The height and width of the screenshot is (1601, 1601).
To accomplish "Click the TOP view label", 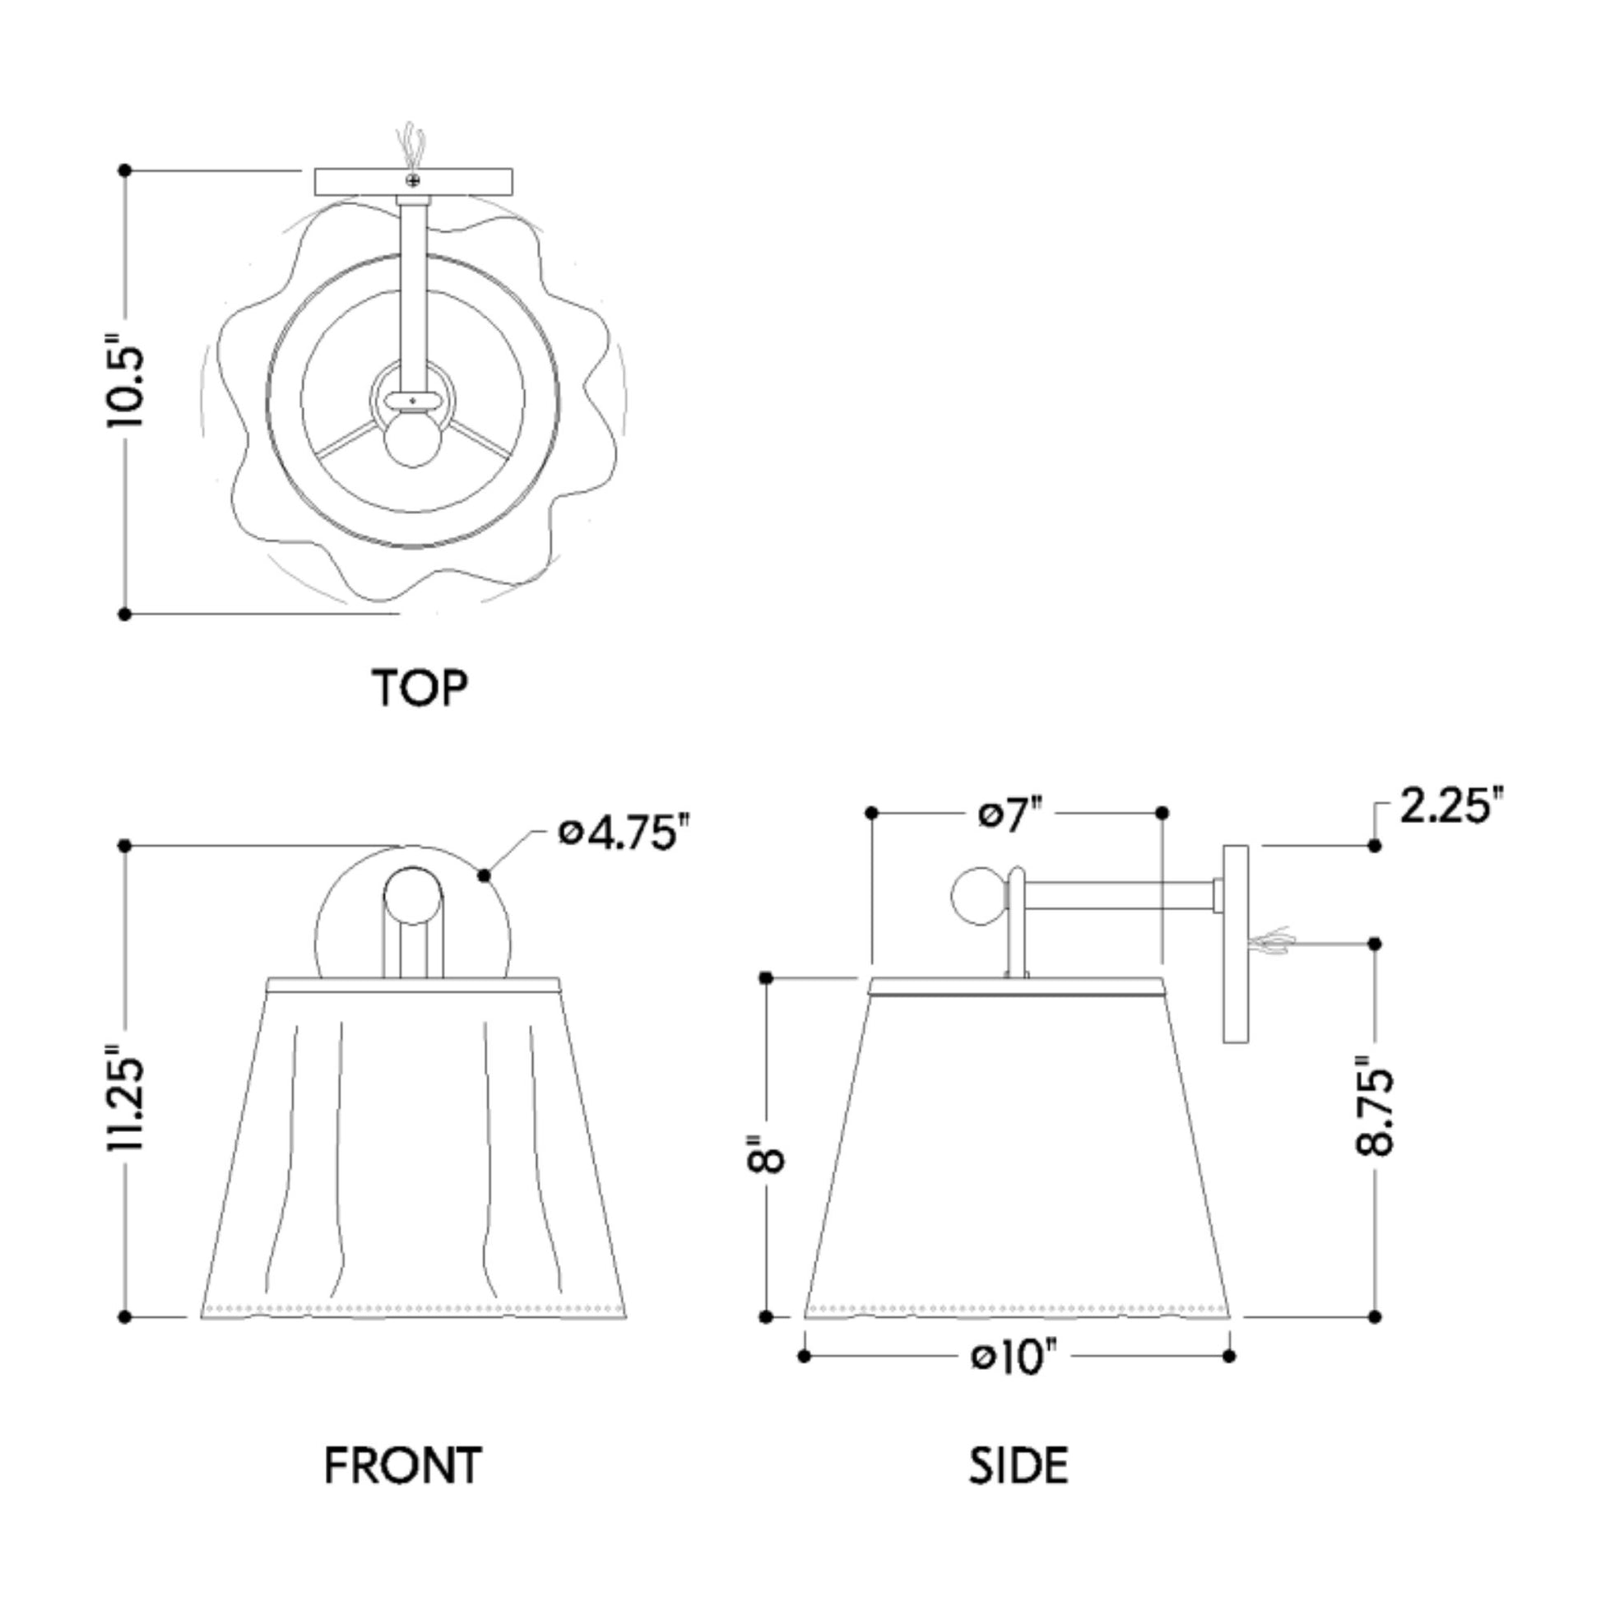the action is click(x=420, y=687).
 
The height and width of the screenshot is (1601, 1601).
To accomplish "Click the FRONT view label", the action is click(x=403, y=1465).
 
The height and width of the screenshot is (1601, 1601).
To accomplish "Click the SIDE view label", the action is click(x=1019, y=1465).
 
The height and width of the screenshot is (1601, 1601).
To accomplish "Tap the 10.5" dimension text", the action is click(x=126, y=380).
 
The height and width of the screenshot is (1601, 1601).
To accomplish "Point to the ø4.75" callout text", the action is click(x=624, y=832).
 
